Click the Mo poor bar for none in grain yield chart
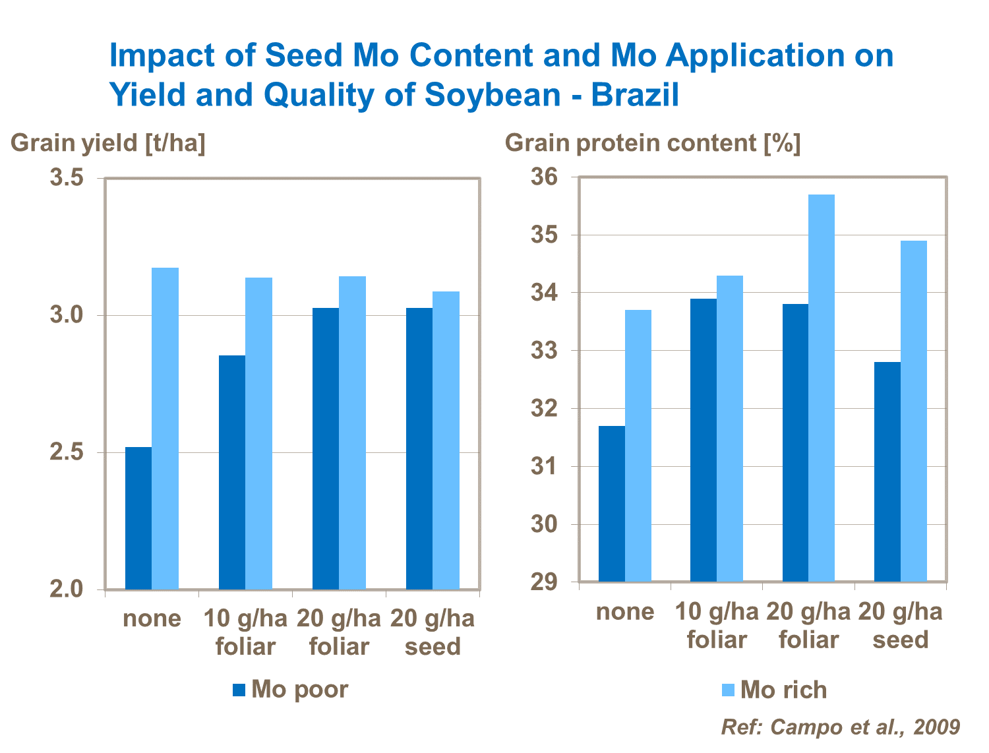point(138,518)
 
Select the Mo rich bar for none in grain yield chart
point(165,429)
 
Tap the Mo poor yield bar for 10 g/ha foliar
point(232,472)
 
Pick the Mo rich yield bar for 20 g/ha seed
point(446,440)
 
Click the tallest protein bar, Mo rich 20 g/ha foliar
point(822,388)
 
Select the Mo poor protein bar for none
point(612,504)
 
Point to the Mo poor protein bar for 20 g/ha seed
point(887,472)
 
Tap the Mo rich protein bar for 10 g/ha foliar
point(730,429)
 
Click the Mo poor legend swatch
point(239,690)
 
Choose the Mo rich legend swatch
point(728,690)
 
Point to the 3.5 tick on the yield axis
point(67,178)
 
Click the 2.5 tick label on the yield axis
point(67,453)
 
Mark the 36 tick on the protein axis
point(545,177)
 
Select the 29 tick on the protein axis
point(545,582)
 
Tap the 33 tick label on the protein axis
point(545,351)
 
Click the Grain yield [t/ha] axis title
point(108,143)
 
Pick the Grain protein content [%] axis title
point(653,143)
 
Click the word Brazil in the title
point(635,94)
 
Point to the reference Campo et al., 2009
point(841,727)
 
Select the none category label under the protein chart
point(625,612)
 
